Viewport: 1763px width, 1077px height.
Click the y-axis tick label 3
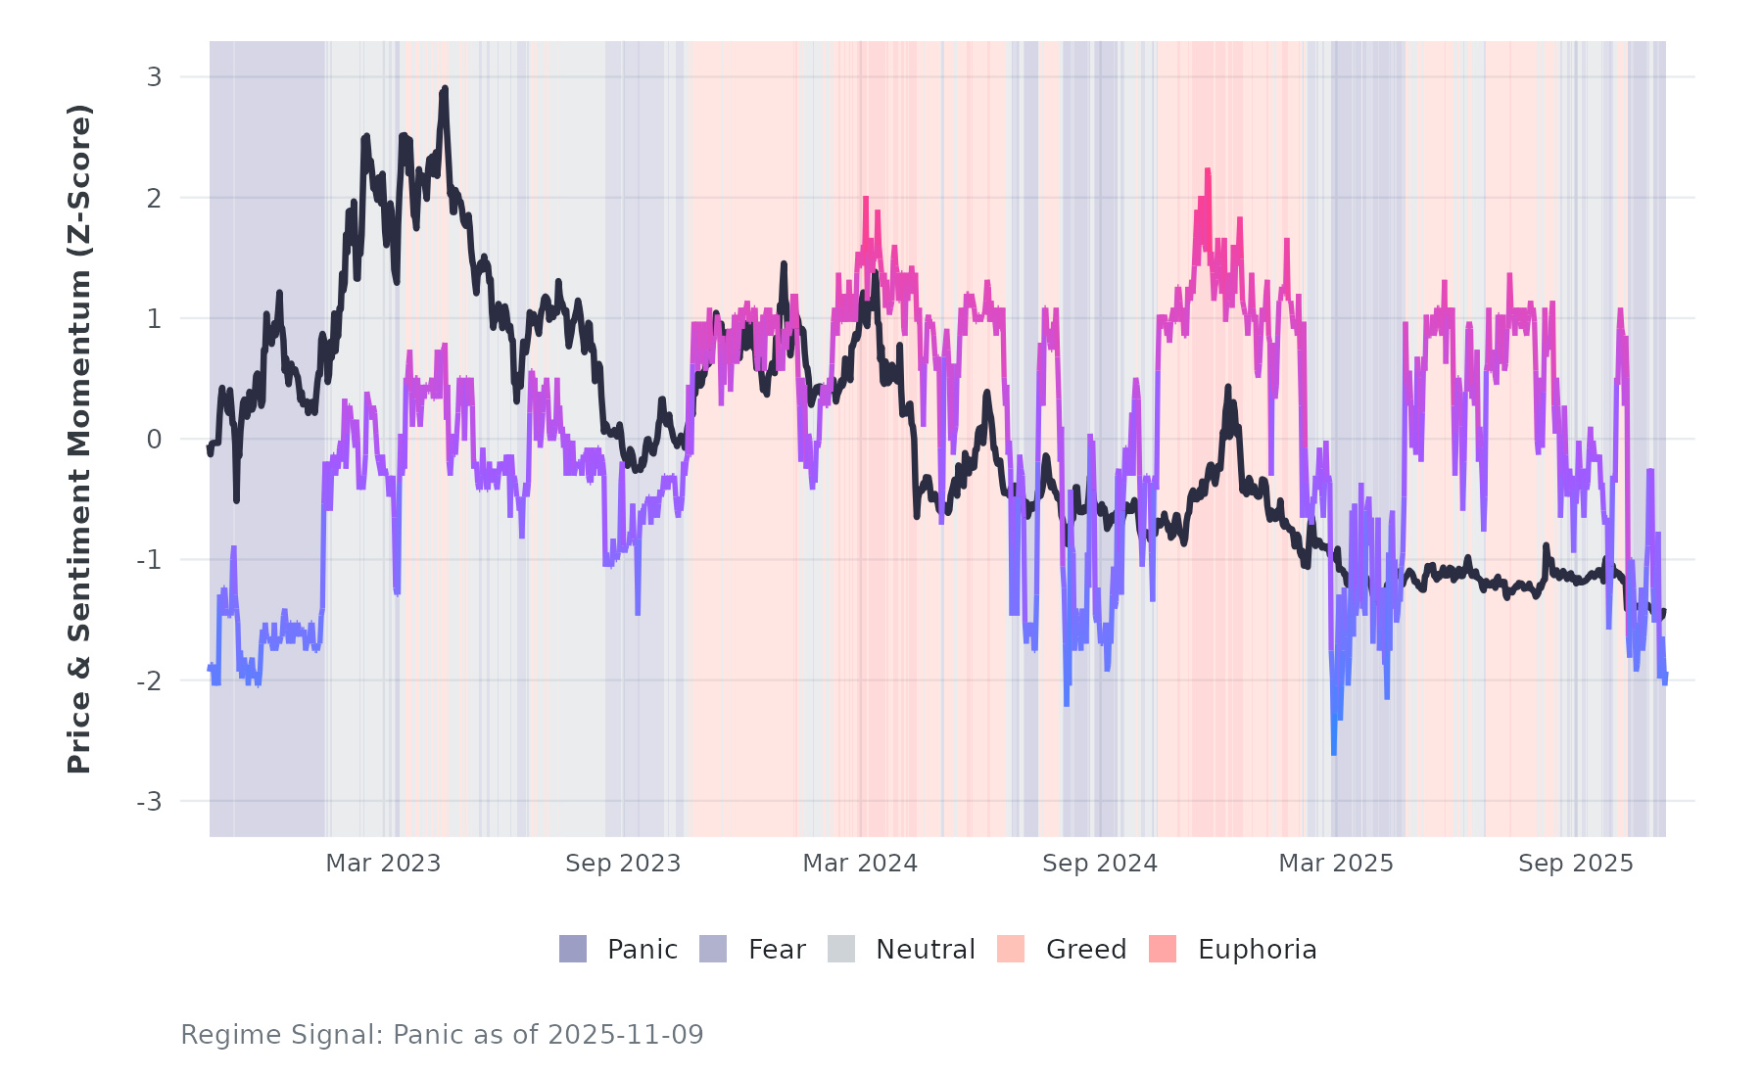click(x=154, y=77)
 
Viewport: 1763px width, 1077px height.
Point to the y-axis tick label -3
click(x=150, y=802)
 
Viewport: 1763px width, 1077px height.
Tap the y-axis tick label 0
click(x=154, y=440)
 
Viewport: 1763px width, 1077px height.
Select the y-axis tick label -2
click(x=150, y=681)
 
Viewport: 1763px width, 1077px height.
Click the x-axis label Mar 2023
click(x=383, y=864)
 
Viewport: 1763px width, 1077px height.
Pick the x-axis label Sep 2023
click(x=623, y=864)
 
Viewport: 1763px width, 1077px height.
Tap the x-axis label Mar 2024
click(x=860, y=864)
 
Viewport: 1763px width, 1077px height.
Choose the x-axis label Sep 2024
click(x=1100, y=864)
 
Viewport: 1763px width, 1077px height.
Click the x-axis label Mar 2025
click(x=1336, y=864)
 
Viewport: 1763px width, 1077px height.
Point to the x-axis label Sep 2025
click(x=1576, y=864)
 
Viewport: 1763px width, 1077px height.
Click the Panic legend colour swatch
click(x=573, y=949)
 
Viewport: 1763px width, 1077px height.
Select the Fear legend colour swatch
click(x=713, y=949)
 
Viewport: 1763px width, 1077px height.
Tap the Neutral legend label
click(x=926, y=950)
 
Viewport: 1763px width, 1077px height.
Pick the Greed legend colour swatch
click(x=1011, y=949)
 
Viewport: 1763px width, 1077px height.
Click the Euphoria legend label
click(x=1257, y=950)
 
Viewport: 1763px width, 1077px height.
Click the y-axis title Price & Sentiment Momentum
click(x=79, y=439)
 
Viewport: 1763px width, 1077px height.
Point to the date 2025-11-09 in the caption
click(x=626, y=1035)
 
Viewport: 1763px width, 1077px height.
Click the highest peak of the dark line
click(x=445, y=88)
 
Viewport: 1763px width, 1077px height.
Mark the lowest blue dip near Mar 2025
click(x=1334, y=752)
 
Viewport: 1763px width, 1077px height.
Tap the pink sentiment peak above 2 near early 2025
click(x=1208, y=170)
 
